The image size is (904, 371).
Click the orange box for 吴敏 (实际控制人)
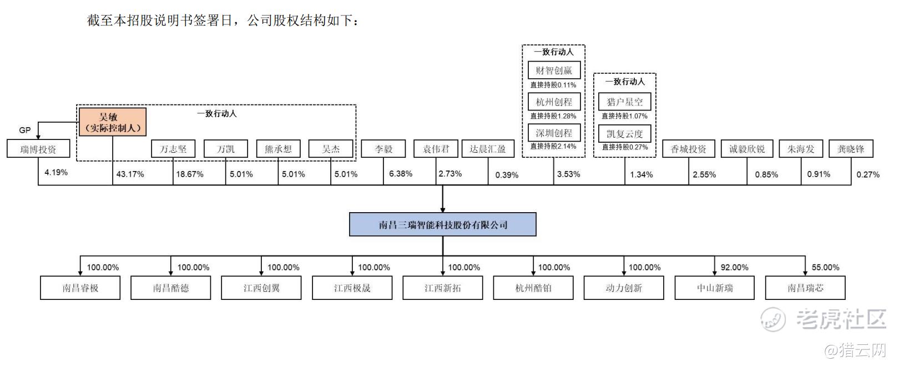(x=113, y=122)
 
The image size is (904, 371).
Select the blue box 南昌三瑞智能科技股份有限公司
(x=443, y=224)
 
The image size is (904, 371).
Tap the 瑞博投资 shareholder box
(x=38, y=149)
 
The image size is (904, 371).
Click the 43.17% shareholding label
(x=130, y=174)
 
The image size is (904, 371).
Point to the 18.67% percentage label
(x=190, y=174)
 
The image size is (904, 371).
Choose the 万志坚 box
(x=173, y=149)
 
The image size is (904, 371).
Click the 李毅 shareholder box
(x=383, y=149)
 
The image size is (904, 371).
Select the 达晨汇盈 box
(x=488, y=149)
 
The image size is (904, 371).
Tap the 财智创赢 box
(x=554, y=70)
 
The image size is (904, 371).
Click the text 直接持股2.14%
(x=553, y=146)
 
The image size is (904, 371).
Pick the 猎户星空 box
(x=625, y=102)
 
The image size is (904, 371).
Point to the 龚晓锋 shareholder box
(x=851, y=149)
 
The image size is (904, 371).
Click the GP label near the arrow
(x=25, y=130)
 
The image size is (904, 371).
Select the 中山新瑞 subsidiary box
(x=715, y=288)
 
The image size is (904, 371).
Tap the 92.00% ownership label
(x=735, y=267)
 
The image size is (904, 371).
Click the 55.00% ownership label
(x=825, y=267)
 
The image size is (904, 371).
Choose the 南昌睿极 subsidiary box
(x=80, y=288)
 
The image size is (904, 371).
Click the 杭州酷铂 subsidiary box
(x=533, y=288)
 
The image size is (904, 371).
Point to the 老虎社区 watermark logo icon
(x=773, y=319)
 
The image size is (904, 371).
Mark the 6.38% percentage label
(x=401, y=174)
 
